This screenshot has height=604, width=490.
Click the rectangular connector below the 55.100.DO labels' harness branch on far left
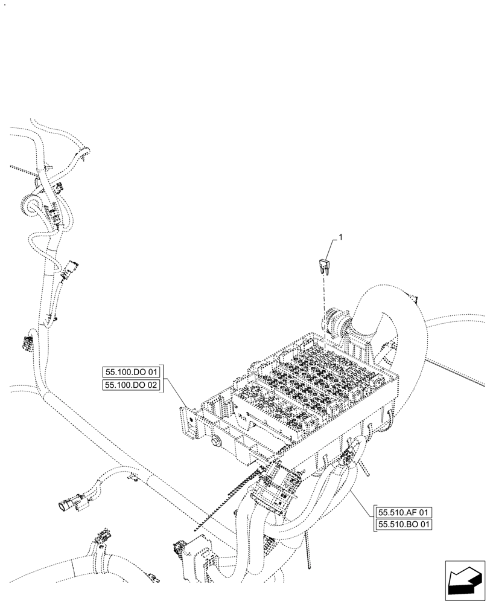tap(28, 344)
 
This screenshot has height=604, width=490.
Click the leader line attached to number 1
tap(332, 248)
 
